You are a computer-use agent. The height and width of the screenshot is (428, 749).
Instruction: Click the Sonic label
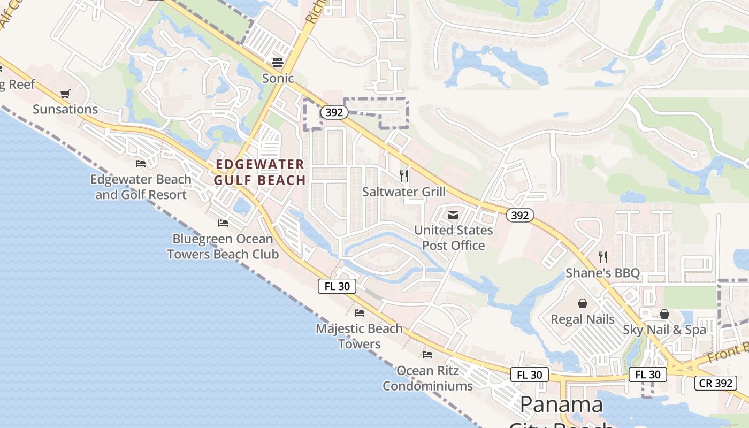point(278,79)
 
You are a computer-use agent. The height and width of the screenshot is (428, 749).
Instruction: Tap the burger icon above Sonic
point(277,62)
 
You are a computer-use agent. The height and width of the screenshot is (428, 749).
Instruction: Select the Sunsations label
point(65,109)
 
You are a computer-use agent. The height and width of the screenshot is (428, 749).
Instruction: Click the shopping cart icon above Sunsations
point(65,94)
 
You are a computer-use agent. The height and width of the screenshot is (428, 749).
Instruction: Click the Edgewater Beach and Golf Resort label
point(141,187)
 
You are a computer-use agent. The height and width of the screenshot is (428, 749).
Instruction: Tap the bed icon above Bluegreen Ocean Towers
point(223,223)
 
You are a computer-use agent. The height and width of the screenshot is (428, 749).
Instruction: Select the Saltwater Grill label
point(404,192)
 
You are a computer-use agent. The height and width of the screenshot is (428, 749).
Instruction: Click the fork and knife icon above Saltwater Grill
point(404,175)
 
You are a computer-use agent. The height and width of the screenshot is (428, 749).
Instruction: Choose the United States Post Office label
point(454,238)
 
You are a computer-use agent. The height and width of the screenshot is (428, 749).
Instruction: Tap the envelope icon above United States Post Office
point(453,215)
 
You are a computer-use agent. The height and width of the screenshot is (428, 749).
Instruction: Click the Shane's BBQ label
point(603,273)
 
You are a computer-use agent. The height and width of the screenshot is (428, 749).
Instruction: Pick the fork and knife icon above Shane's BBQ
point(603,257)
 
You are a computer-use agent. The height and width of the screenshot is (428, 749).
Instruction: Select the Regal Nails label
point(583,319)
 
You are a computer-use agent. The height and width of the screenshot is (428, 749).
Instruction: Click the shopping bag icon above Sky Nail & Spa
point(664,314)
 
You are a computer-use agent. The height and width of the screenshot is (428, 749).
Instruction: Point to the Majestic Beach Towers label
point(359,336)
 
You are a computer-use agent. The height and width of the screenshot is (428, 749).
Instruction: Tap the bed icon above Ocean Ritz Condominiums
point(427,354)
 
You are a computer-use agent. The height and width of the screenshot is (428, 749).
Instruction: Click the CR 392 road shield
point(716,383)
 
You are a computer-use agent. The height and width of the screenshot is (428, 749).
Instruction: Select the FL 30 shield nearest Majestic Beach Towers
point(337,286)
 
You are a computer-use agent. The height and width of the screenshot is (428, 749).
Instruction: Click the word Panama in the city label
point(561,404)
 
